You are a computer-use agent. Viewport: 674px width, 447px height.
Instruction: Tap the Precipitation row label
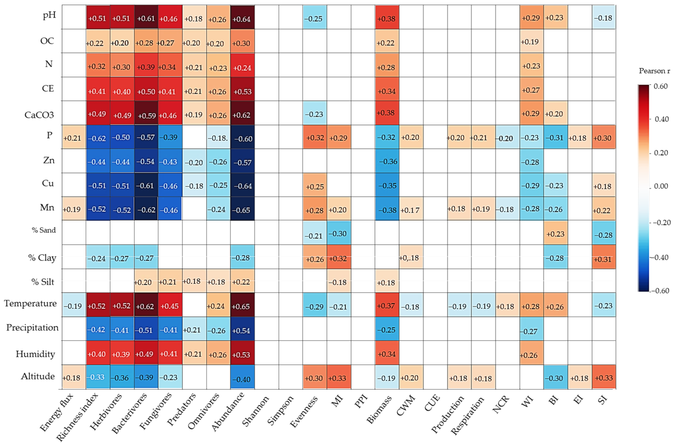(x=32, y=327)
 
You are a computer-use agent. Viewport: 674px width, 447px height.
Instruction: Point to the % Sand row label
(x=44, y=230)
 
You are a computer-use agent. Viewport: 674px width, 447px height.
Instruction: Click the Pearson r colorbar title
(x=654, y=71)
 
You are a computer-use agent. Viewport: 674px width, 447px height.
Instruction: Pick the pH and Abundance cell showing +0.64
(x=242, y=17)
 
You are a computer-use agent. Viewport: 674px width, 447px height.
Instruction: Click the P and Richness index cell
(x=98, y=137)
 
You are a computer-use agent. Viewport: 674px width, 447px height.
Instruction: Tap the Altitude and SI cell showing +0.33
(x=604, y=377)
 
